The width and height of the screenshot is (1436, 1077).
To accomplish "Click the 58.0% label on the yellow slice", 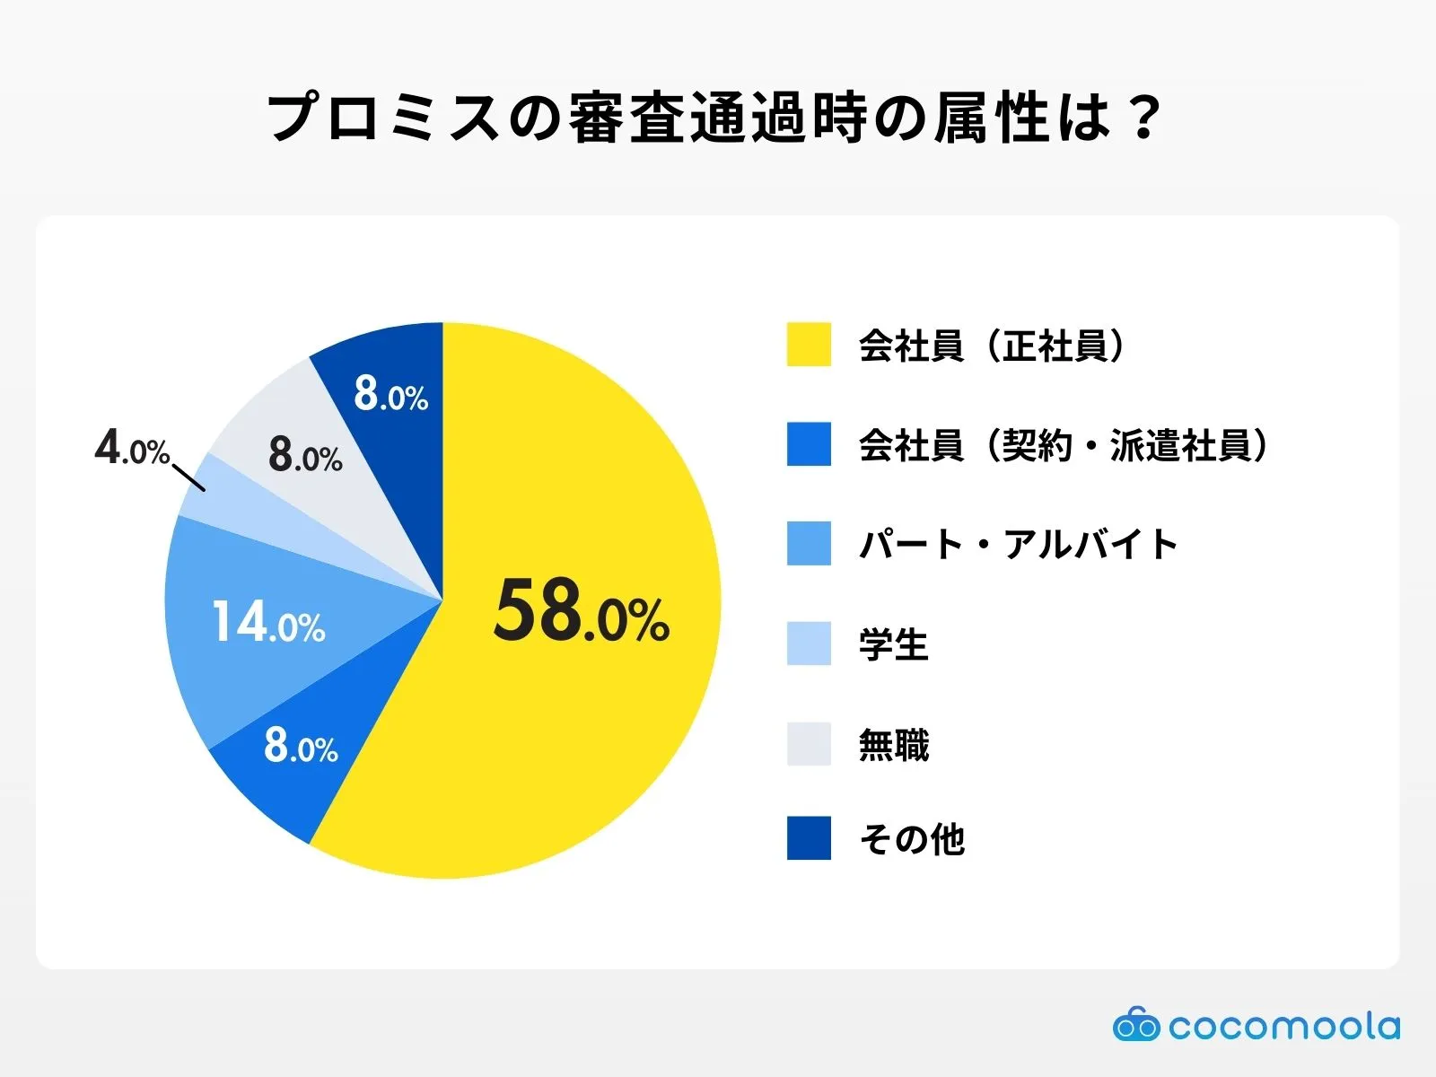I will click(582, 613).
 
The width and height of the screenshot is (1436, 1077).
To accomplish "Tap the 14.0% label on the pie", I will click(268, 622).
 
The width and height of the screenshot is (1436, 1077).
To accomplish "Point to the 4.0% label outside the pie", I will click(131, 447).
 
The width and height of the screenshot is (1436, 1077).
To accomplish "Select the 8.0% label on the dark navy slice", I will click(390, 395).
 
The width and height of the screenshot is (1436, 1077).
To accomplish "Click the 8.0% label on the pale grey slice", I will click(305, 456).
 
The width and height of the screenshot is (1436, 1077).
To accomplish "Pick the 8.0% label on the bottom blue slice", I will click(301, 747).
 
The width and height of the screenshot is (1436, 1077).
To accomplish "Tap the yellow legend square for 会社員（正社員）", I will click(809, 345).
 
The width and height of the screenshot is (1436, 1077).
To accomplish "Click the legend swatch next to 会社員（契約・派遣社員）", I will click(809, 444).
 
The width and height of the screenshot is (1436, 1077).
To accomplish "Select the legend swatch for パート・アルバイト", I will click(809, 544).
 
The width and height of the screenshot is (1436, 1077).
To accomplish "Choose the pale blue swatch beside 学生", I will click(809, 644).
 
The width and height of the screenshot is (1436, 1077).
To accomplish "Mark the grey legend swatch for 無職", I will click(809, 744).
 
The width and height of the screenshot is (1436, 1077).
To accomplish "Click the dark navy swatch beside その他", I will click(809, 838).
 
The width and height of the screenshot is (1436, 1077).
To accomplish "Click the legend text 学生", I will click(893, 644).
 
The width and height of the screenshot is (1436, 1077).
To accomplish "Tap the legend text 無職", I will click(893, 745).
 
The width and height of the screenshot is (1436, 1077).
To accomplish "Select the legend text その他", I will click(911, 839).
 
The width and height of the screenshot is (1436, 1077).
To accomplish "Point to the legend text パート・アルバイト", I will click(1018, 545).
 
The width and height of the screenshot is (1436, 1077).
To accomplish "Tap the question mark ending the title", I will click(1143, 118).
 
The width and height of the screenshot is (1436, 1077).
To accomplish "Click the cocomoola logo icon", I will click(1136, 1025).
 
